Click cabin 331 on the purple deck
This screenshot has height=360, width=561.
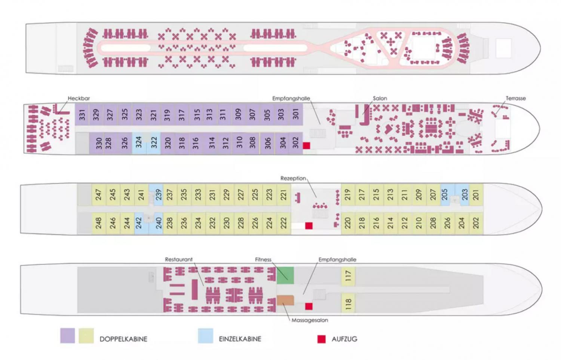point(82,114)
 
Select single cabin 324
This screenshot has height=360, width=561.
point(139,143)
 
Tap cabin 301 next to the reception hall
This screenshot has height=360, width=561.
point(296,114)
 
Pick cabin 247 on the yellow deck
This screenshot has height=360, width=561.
point(98,195)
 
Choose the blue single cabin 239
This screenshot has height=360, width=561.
point(158,195)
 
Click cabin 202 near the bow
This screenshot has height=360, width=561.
point(476,223)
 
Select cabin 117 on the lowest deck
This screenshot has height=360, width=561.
point(348,276)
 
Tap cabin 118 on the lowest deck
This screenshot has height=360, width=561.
point(348,304)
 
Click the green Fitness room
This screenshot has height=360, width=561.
point(285,276)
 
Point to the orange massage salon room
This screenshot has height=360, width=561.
point(285,300)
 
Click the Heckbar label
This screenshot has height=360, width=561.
point(79,98)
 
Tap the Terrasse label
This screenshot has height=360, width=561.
point(516,98)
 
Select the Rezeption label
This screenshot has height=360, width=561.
point(293,178)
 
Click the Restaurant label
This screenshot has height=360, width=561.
point(179,259)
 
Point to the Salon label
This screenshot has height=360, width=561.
point(380,98)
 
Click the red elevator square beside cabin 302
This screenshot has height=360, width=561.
point(307,146)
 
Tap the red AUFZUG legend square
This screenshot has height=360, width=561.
point(322,339)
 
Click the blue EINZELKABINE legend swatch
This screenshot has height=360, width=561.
point(206,336)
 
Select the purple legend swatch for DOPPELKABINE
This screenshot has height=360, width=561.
point(68,336)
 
